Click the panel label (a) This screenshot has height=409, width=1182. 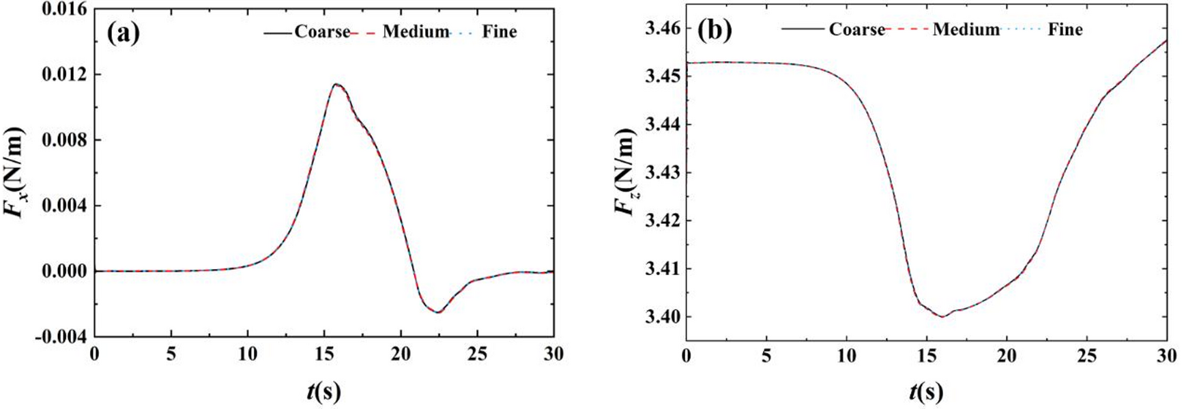[x=124, y=32]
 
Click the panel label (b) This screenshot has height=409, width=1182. [x=715, y=29]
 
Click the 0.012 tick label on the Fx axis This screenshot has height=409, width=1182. [x=64, y=74]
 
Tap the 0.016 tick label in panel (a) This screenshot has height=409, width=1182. [x=64, y=10]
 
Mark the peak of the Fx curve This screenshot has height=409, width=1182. [x=336, y=84]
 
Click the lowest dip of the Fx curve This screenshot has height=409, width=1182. [x=438, y=312]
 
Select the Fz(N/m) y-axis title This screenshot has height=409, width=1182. [x=625, y=171]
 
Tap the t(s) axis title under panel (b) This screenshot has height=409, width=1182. [x=926, y=391]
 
